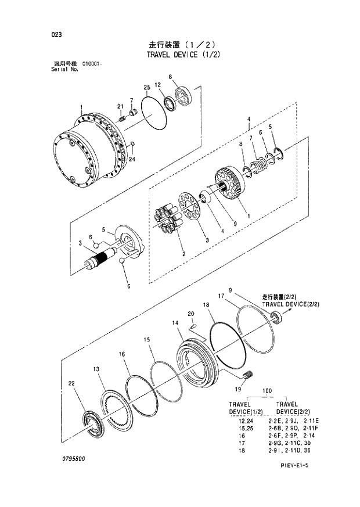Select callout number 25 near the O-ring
[147, 88]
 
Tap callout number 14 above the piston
[175, 323]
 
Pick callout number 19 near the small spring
[238, 390]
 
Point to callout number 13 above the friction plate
[96, 369]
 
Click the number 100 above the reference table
[267, 391]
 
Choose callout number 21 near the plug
[120, 106]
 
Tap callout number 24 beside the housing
[132, 159]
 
